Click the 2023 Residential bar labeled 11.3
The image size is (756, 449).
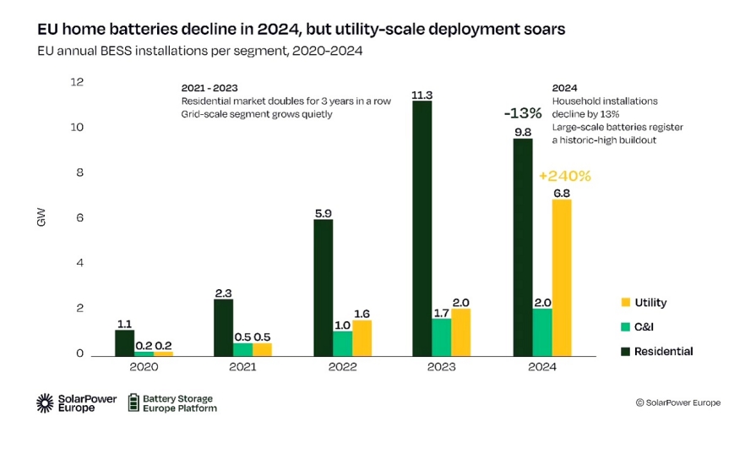tap(422, 228)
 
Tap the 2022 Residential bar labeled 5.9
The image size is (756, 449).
tap(323, 287)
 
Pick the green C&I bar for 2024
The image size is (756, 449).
tap(542, 331)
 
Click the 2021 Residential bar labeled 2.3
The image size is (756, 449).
tap(223, 327)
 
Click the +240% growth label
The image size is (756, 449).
tap(564, 177)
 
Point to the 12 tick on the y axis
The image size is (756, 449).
tap(78, 82)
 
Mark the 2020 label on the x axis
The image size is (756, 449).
tap(144, 367)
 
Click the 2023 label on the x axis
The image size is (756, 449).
tap(442, 367)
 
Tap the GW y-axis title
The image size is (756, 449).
tap(41, 218)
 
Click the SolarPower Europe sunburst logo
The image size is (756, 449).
tap(45, 403)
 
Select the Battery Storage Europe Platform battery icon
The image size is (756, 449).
tap(133, 402)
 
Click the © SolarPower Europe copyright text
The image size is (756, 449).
tap(677, 403)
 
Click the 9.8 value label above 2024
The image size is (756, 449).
tap(523, 131)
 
